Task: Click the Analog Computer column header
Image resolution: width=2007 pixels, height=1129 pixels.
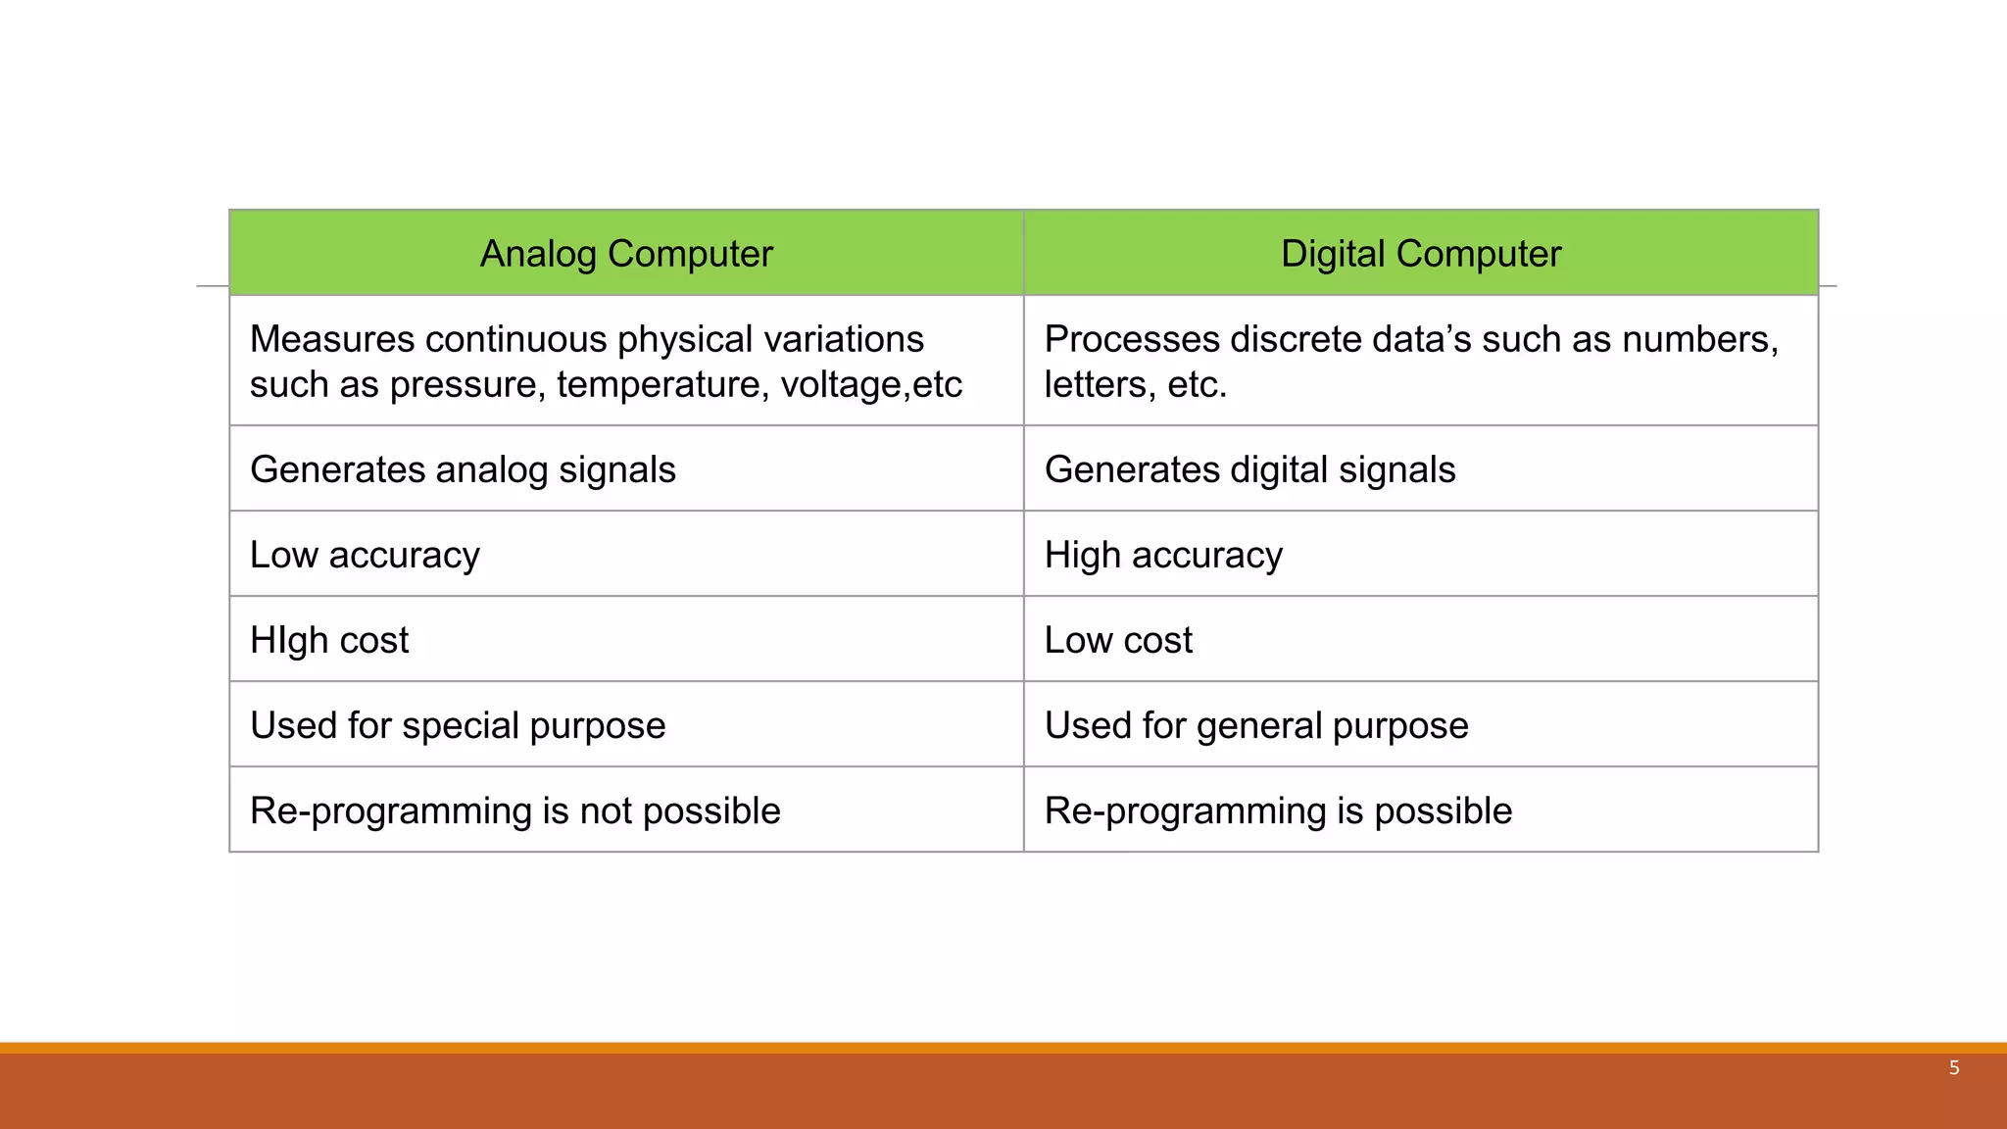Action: click(x=626, y=254)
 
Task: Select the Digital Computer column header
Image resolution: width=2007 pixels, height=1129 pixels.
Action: click(x=1420, y=254)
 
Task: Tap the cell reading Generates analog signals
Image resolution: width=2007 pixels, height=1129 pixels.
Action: click(x=463, y=469)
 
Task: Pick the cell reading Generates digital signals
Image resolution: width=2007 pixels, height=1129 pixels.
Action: click(x=1249, y=469)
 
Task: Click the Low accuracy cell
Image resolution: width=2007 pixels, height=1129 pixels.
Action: click(x=365, y=555)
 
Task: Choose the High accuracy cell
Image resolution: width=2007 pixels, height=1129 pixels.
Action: click(x=1163, y=555)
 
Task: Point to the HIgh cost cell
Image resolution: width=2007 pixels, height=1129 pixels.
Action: click(x=329, y=640)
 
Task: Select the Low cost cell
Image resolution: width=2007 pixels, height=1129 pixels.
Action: click(x=1118, y=640)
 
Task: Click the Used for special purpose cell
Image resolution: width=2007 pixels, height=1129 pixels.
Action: click(x=458, y=725)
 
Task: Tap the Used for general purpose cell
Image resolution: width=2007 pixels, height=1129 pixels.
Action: click(x=1256, y=725)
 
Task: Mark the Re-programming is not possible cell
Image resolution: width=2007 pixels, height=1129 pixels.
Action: click(x=515, y=810)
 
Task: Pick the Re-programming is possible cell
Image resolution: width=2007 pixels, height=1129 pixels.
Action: click(x=1278, y=810)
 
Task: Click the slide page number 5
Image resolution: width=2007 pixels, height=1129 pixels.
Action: click(x=1954, y=1068)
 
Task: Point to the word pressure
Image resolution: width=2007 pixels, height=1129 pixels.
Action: click(x=466, y=385)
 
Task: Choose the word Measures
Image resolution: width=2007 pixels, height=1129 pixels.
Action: click(x=331, y=339)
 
